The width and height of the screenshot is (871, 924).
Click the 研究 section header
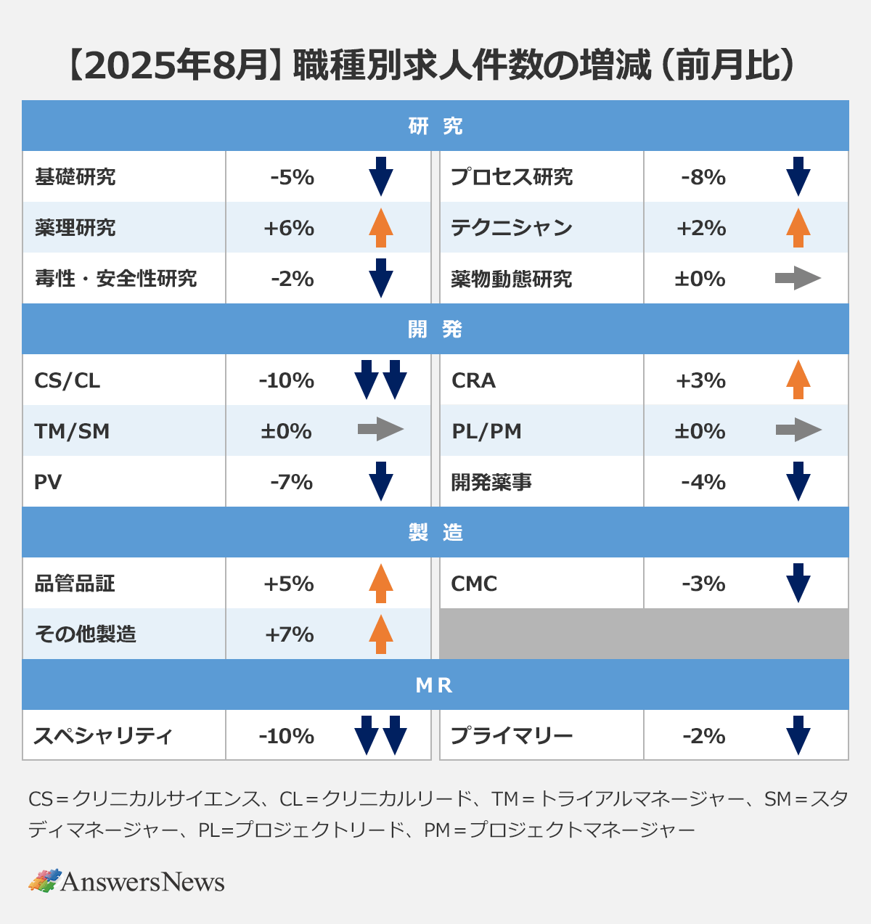click(x=435, y=126)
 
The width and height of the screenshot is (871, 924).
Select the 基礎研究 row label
click(x=75, y=177)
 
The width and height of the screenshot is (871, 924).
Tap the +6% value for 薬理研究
click(x=289, y=228)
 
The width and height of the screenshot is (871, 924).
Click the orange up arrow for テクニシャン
click(x=798, y=228)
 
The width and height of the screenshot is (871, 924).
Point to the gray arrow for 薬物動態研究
click(x=798, y=278)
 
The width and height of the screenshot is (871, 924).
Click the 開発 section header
click(x=435, y=330)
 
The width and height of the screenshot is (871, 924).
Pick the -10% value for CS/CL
click(x=287, y=380)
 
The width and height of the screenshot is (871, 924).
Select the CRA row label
click(x=473, y=380)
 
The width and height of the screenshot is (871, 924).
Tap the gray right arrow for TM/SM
click(x=380, y=430)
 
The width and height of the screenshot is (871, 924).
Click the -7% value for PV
click(x=291, y=482)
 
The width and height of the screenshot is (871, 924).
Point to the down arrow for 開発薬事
click(x=798, y=481)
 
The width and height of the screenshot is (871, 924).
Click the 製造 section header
click(x=435, y=533)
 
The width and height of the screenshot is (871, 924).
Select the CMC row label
click(x=474, y=584)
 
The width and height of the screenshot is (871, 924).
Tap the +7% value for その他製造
click(x=289, y=634)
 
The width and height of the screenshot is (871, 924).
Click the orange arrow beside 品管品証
click(x=380, y=583)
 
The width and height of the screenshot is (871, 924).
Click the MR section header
click(x=435, y=685)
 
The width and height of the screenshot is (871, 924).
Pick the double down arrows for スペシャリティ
click(x=380, y=735)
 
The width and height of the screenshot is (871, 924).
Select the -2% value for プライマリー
click(x=703, y=736)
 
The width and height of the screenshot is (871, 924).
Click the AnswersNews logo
click(x=127, y=881)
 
